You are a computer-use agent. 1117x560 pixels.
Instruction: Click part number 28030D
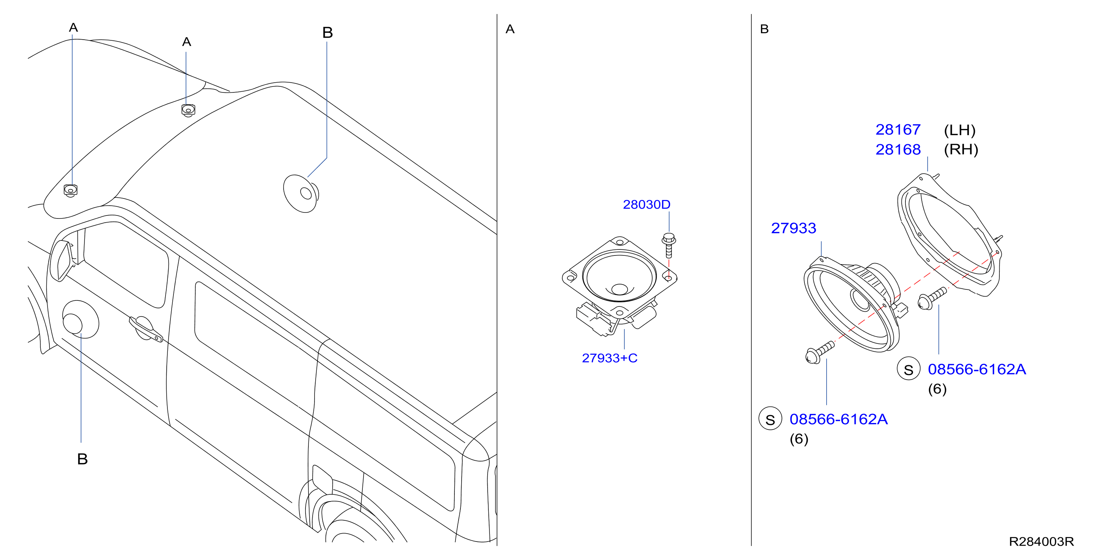coord(646,204)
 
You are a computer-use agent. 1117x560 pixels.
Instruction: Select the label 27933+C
coord(609,358)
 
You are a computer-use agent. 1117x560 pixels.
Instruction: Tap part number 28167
coord(898,129)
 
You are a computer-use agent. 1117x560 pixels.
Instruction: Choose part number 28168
coord(898,149)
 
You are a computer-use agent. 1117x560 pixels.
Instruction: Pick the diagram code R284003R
coord(1041,542)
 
